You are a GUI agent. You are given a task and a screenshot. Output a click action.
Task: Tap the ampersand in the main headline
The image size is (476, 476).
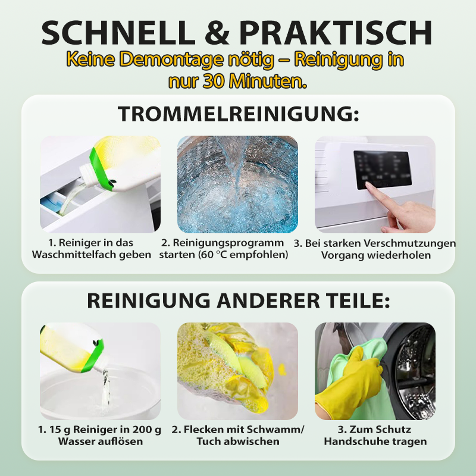(217, 33)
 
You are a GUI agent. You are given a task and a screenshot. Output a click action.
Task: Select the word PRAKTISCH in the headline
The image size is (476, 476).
(336, 33)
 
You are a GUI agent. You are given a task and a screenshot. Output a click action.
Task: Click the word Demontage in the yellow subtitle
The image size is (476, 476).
(174, 59)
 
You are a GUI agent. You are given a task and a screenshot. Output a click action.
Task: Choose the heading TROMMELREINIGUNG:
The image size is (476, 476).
(239, 114)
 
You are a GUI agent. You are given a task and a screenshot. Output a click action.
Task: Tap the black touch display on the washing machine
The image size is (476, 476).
(383, 170)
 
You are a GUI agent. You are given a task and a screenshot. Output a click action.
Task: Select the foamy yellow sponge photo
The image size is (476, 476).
(237, 371)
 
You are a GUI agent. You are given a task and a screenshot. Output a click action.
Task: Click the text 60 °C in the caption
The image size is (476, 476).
(214, 255)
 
